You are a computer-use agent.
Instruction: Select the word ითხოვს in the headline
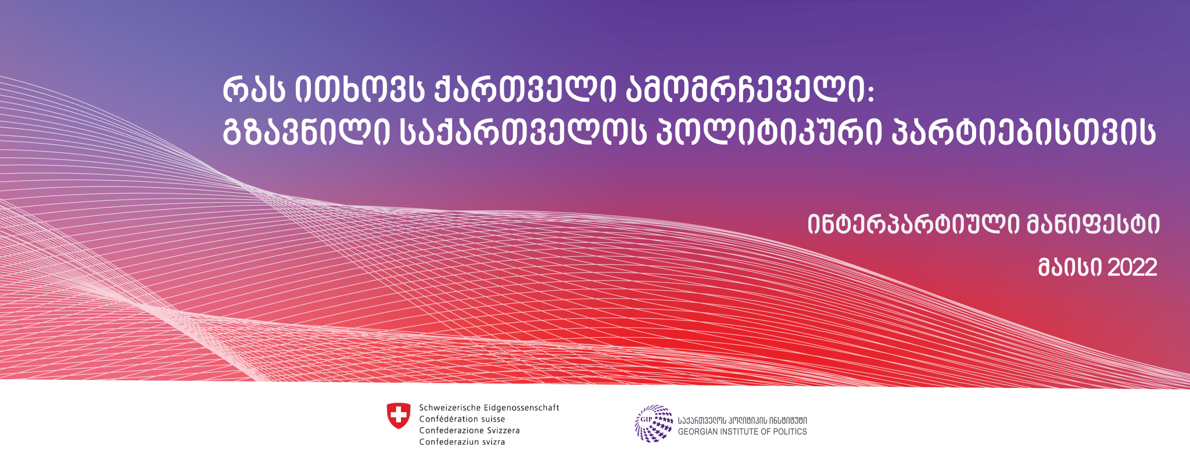[360, 91]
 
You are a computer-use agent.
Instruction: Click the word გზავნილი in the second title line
[306, 132]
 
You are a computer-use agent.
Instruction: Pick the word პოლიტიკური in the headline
[766, 132]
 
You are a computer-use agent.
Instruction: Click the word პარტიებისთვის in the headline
[1023, 132]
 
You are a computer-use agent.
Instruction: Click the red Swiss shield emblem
[399, 416]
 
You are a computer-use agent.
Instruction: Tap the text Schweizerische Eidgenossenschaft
[489, 408]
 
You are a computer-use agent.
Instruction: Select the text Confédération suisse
[462, 419]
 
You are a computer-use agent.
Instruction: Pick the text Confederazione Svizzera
[469, 430]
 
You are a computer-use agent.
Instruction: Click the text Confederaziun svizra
[462, 442]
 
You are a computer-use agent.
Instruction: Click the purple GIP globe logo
[654, 423]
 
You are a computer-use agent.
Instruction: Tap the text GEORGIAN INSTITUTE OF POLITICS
[743, 431]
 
